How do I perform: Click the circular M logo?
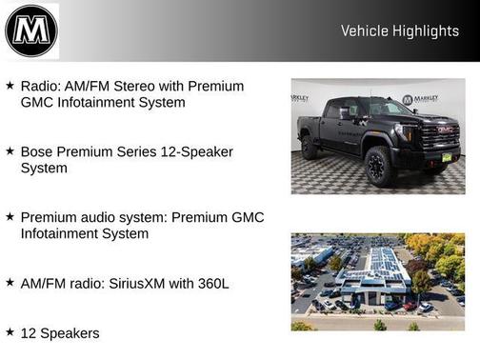[30, 30]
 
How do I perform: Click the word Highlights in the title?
[424, 31]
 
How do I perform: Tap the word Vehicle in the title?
[363, 31]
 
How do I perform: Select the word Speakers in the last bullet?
[70, 332]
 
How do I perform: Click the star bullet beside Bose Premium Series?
[10, 150]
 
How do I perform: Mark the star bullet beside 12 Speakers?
[10, 331]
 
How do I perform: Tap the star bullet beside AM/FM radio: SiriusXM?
[10, 282]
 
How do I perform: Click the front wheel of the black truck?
[380, 168]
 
